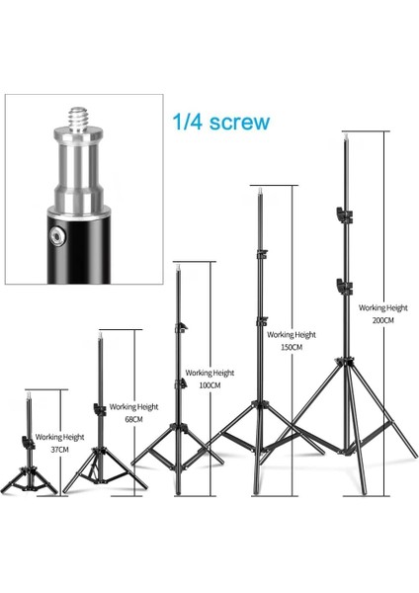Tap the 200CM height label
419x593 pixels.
tap(382, 321)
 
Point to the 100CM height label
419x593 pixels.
tap(209, 385)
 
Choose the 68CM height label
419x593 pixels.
tap(133, 418)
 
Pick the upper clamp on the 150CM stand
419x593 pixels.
tap(262, 256)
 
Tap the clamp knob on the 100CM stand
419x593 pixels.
tap(180, 328)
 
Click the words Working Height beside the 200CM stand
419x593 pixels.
tap(382, 306)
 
